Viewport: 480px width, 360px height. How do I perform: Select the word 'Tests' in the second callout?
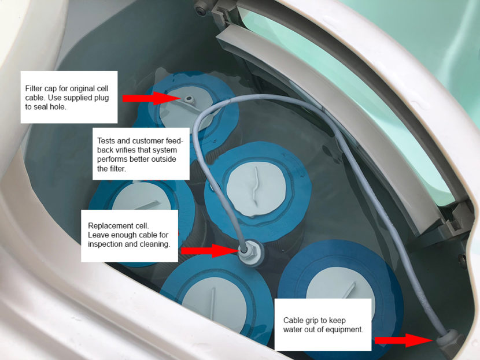coord(108,132)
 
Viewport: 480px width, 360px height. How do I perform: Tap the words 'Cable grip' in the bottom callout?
coord(301,320)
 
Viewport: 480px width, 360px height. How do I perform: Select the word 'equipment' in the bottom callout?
coord(346,329)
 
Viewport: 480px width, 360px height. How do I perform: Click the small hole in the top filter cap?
coord(189,99)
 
